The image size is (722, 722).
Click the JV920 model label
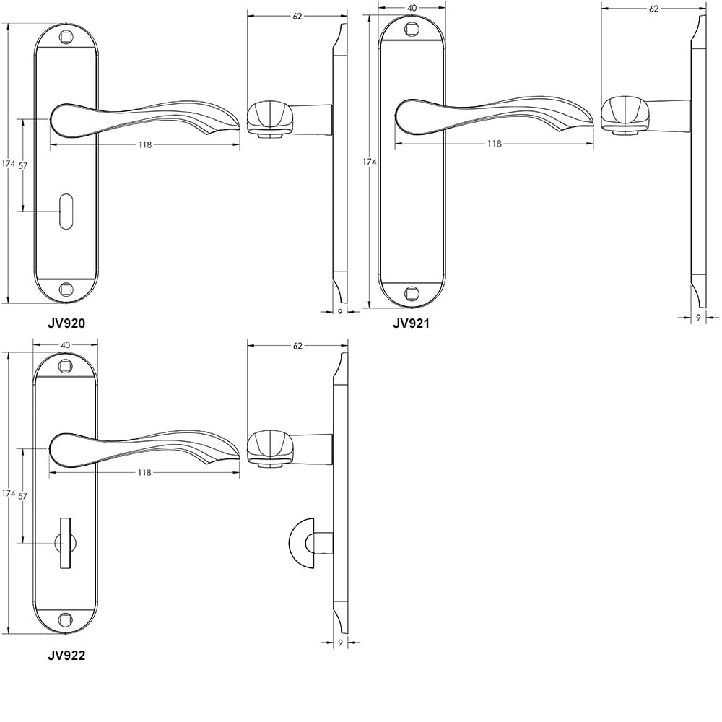tap(66, 323)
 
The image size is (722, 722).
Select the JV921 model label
tap(411, 323)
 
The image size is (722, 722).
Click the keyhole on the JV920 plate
tap(66, 212)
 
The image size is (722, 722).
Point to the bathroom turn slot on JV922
tap(66, 542)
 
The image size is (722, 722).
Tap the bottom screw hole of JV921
tap(412, 292)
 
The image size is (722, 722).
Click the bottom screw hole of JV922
tap(66, 619)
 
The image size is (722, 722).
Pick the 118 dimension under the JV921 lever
tap(494, 144)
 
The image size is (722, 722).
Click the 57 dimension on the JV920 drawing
tap(22, 165)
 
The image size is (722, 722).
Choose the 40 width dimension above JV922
tap(66, 345)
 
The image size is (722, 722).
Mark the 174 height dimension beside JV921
tap(369, 162)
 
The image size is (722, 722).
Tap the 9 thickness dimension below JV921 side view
tap(697, 316)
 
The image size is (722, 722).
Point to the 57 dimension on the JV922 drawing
tap(22, 496)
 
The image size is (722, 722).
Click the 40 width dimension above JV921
tap(412, 8)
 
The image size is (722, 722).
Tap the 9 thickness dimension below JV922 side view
tap(340, 642)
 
